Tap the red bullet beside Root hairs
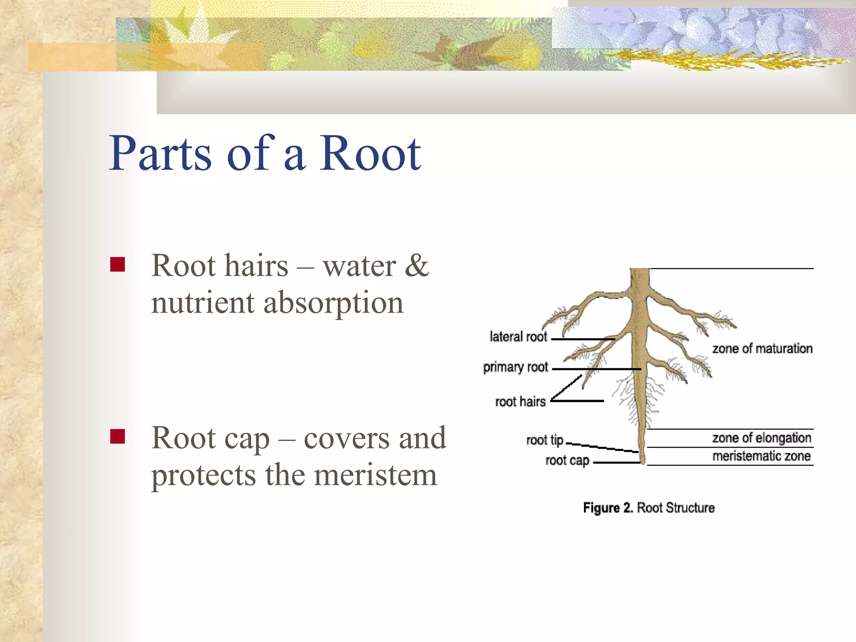click(117, 265)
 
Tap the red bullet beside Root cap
click(117, 436)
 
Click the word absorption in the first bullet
click(333, 303)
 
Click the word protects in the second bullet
click(203, 475)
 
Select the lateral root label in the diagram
click(518, 337)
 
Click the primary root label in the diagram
click(515, 367)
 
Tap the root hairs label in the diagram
click(520, 402)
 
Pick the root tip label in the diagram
click(545, 440)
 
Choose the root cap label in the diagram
click(567, 461)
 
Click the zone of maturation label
click(762, 349)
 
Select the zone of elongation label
click(762, 438)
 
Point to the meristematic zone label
click(762, 456)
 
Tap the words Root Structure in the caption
click(675, 508)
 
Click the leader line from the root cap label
click(617, 463)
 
